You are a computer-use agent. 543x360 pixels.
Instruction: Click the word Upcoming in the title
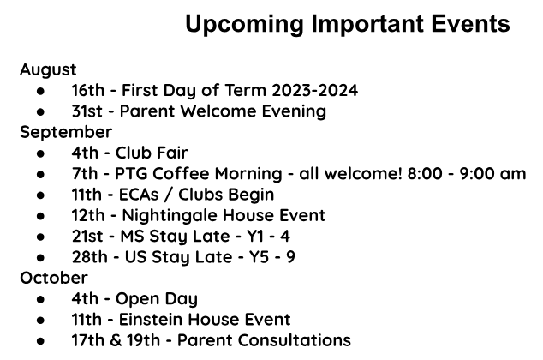pos(244,25)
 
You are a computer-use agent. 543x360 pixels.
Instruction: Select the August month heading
pos(48,70)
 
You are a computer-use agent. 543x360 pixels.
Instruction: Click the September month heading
pos(66,133)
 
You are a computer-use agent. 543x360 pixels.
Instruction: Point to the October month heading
pos(54,278)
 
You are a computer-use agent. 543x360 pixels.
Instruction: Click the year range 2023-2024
pos(315,90)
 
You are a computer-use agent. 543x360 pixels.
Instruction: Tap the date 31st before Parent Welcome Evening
pos(87,111)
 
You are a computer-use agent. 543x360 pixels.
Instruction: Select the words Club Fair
pos(152,153)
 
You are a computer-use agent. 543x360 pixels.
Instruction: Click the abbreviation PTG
pos(132,174)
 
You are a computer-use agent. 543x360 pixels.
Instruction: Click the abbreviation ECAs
pos(139,195)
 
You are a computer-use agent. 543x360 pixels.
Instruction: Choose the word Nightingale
pos(170,216)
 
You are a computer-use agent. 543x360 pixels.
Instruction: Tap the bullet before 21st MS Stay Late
pos(40,237)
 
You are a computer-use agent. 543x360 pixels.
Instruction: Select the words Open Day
pos(157,299)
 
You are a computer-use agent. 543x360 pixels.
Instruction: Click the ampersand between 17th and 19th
pos(116,340)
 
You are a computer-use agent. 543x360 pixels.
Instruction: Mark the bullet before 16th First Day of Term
pos(40,91)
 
